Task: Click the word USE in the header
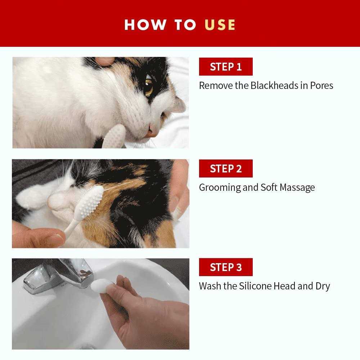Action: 220,24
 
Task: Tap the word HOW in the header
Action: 145,24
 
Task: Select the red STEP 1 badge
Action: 226,67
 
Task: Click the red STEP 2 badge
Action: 226,168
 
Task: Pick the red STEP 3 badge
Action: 226,267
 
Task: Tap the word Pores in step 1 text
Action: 321,86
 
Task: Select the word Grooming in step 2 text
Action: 220,188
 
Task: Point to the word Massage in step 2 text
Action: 297,188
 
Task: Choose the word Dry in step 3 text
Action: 323,286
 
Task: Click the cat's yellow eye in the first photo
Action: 149,87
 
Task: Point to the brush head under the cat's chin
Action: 114,137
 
